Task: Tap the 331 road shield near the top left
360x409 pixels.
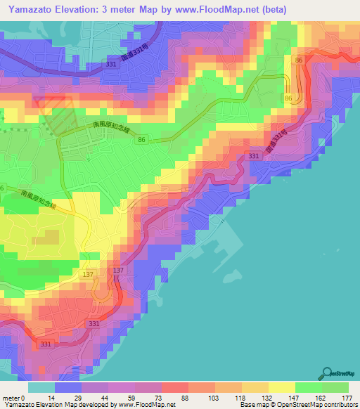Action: [x=111, y=64]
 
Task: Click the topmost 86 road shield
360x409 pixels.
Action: [x=299, y=62]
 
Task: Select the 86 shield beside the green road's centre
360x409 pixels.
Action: [x=143, y=141]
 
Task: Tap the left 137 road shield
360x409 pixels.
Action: [x=89, y=274]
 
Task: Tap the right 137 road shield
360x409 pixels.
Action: [x=118, y=271]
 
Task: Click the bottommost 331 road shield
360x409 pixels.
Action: [x=46, y=344]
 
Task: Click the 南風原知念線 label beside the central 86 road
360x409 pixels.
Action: [x=112, y=130]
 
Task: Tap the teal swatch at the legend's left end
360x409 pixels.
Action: [x=41, y=387]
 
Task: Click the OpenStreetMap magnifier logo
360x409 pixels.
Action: [x=328, y=373]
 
